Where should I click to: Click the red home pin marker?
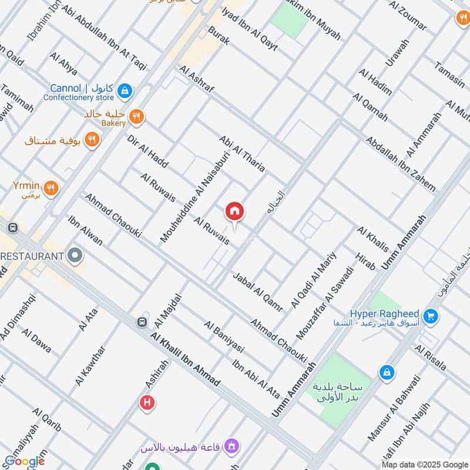(234, 211)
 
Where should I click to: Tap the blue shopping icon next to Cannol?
(125, 90)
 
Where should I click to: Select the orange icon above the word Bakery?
(136, 116)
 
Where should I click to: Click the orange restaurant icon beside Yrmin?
(51, 187)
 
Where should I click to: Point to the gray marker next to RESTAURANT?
(75, 256)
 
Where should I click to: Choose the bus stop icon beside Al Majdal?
(142, 322)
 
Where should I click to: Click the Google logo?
(25, 461)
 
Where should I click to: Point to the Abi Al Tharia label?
(241, 154)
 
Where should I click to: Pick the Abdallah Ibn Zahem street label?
(400, 164)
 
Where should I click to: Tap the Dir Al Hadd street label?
(147, 152)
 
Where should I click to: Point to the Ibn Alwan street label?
(85, 231)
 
